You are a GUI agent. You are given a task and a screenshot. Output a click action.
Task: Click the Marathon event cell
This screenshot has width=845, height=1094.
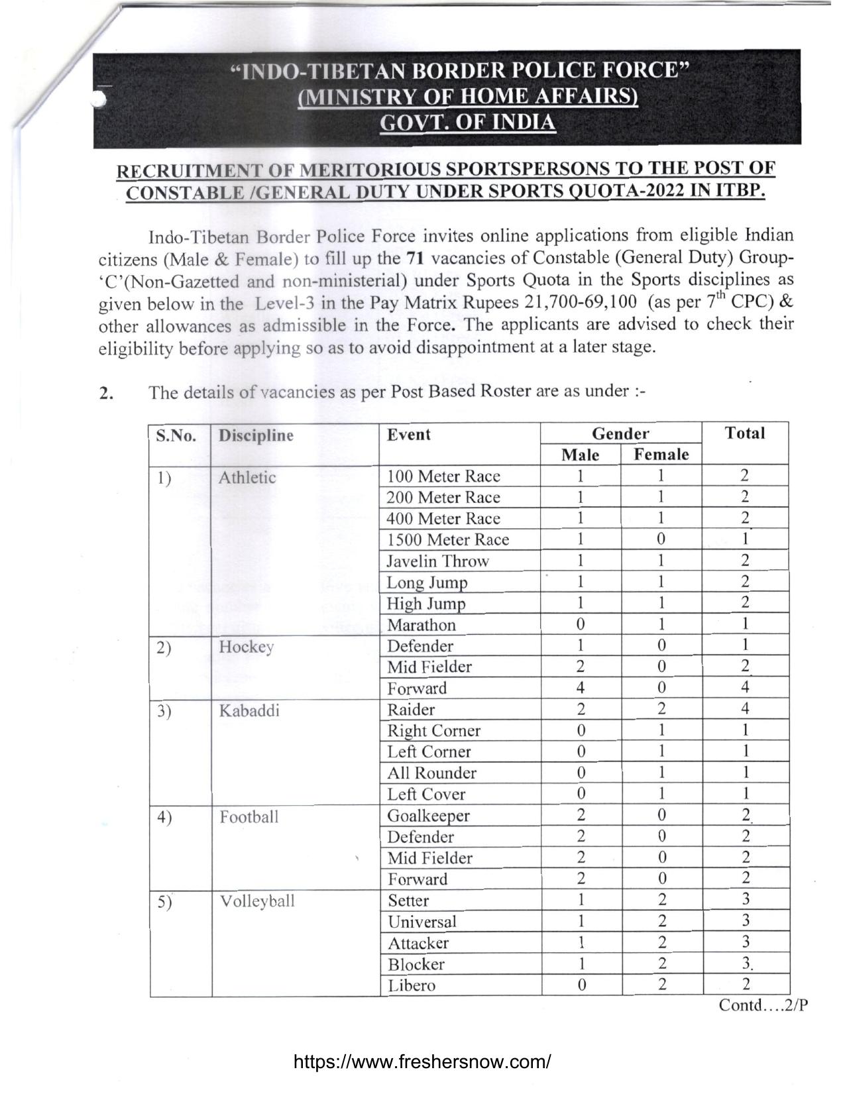tap(422, 625)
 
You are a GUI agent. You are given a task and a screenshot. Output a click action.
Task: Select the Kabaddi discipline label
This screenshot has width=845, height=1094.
tap(249, 710)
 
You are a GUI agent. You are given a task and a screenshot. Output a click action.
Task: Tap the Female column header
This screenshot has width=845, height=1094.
tap(661, 455)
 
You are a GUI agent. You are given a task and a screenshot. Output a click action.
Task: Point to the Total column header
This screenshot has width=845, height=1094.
tap(745, 433)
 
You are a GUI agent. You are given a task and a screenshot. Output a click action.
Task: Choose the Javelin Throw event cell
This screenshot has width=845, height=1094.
tap(437, 561)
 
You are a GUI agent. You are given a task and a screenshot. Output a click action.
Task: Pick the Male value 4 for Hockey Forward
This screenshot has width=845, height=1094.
tap(581, 688)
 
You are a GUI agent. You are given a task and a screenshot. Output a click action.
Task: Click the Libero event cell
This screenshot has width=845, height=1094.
tap(412, 985)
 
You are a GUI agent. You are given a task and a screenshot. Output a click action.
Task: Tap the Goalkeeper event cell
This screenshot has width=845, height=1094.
tap(428, 816)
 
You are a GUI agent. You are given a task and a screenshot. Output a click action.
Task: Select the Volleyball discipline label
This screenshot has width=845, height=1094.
tap(257, 901)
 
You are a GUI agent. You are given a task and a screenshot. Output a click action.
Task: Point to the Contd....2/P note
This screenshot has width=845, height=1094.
tap(763, 1005)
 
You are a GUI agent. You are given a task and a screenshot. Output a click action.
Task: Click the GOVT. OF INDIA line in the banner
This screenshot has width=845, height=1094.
tap(467, 123)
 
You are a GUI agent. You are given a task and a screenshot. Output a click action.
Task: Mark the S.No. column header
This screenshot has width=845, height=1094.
tap(176, 435)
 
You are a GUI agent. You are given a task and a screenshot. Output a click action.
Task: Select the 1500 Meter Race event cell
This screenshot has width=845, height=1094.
tap(448, 540)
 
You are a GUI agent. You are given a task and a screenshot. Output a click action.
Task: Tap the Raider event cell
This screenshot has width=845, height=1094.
tap(411, 710)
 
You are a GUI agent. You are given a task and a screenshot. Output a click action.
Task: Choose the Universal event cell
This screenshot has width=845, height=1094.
tap(422, 922)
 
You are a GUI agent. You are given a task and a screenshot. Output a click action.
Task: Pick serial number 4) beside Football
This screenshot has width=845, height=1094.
tap(164, 817)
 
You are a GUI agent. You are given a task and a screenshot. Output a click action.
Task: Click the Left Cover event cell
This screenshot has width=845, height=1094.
tap(426, 794)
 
